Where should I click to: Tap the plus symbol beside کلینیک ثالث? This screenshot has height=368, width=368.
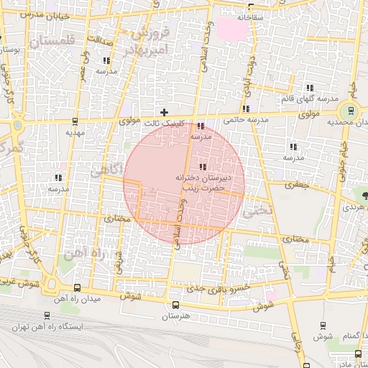pos(165,112)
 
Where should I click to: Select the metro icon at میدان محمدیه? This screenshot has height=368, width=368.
pos(350,111)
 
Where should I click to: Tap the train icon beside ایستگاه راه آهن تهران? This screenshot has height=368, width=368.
pos(47,315)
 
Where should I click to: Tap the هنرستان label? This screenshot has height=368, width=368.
pos(174,316)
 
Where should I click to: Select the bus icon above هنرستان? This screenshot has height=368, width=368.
pos(175,304)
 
